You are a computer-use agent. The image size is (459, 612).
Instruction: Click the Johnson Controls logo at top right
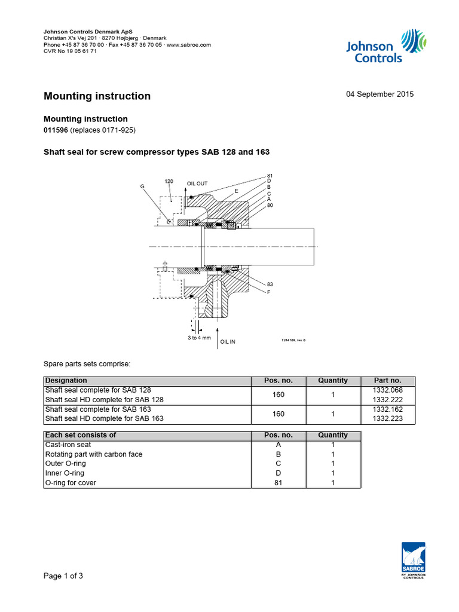[x=386, y=46]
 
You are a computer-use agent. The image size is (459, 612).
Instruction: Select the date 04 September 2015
[x=380, y=94]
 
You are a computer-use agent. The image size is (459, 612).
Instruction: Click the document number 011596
[x=56, y=130]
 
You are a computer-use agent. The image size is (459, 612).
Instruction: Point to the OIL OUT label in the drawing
[x=197, y=183]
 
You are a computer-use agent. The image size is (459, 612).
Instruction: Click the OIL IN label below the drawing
[x=228, y=342]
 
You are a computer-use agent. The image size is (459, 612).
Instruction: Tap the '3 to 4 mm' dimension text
[x=199, y=338]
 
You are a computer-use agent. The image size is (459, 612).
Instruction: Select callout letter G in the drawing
[x=142, y=186]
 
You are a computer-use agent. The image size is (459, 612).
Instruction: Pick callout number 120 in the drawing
[x=169, y=180]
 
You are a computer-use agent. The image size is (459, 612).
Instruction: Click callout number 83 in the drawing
[x=270, y=283]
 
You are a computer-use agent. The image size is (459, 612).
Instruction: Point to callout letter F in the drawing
[x=269, y=292]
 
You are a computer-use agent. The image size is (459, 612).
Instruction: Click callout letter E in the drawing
[x=236, y=191]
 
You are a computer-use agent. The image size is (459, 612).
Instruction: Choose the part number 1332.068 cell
[x=387, y=390]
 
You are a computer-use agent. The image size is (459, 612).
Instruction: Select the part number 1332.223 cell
[x=387, y=419]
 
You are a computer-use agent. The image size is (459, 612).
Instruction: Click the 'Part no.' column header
[x=387, y=381]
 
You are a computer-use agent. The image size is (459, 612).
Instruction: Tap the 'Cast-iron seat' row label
[x=67, y=445]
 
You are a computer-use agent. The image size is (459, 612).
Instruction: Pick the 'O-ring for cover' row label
[x=71, y=483]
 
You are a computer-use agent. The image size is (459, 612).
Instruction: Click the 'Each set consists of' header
[x=81, y=435]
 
